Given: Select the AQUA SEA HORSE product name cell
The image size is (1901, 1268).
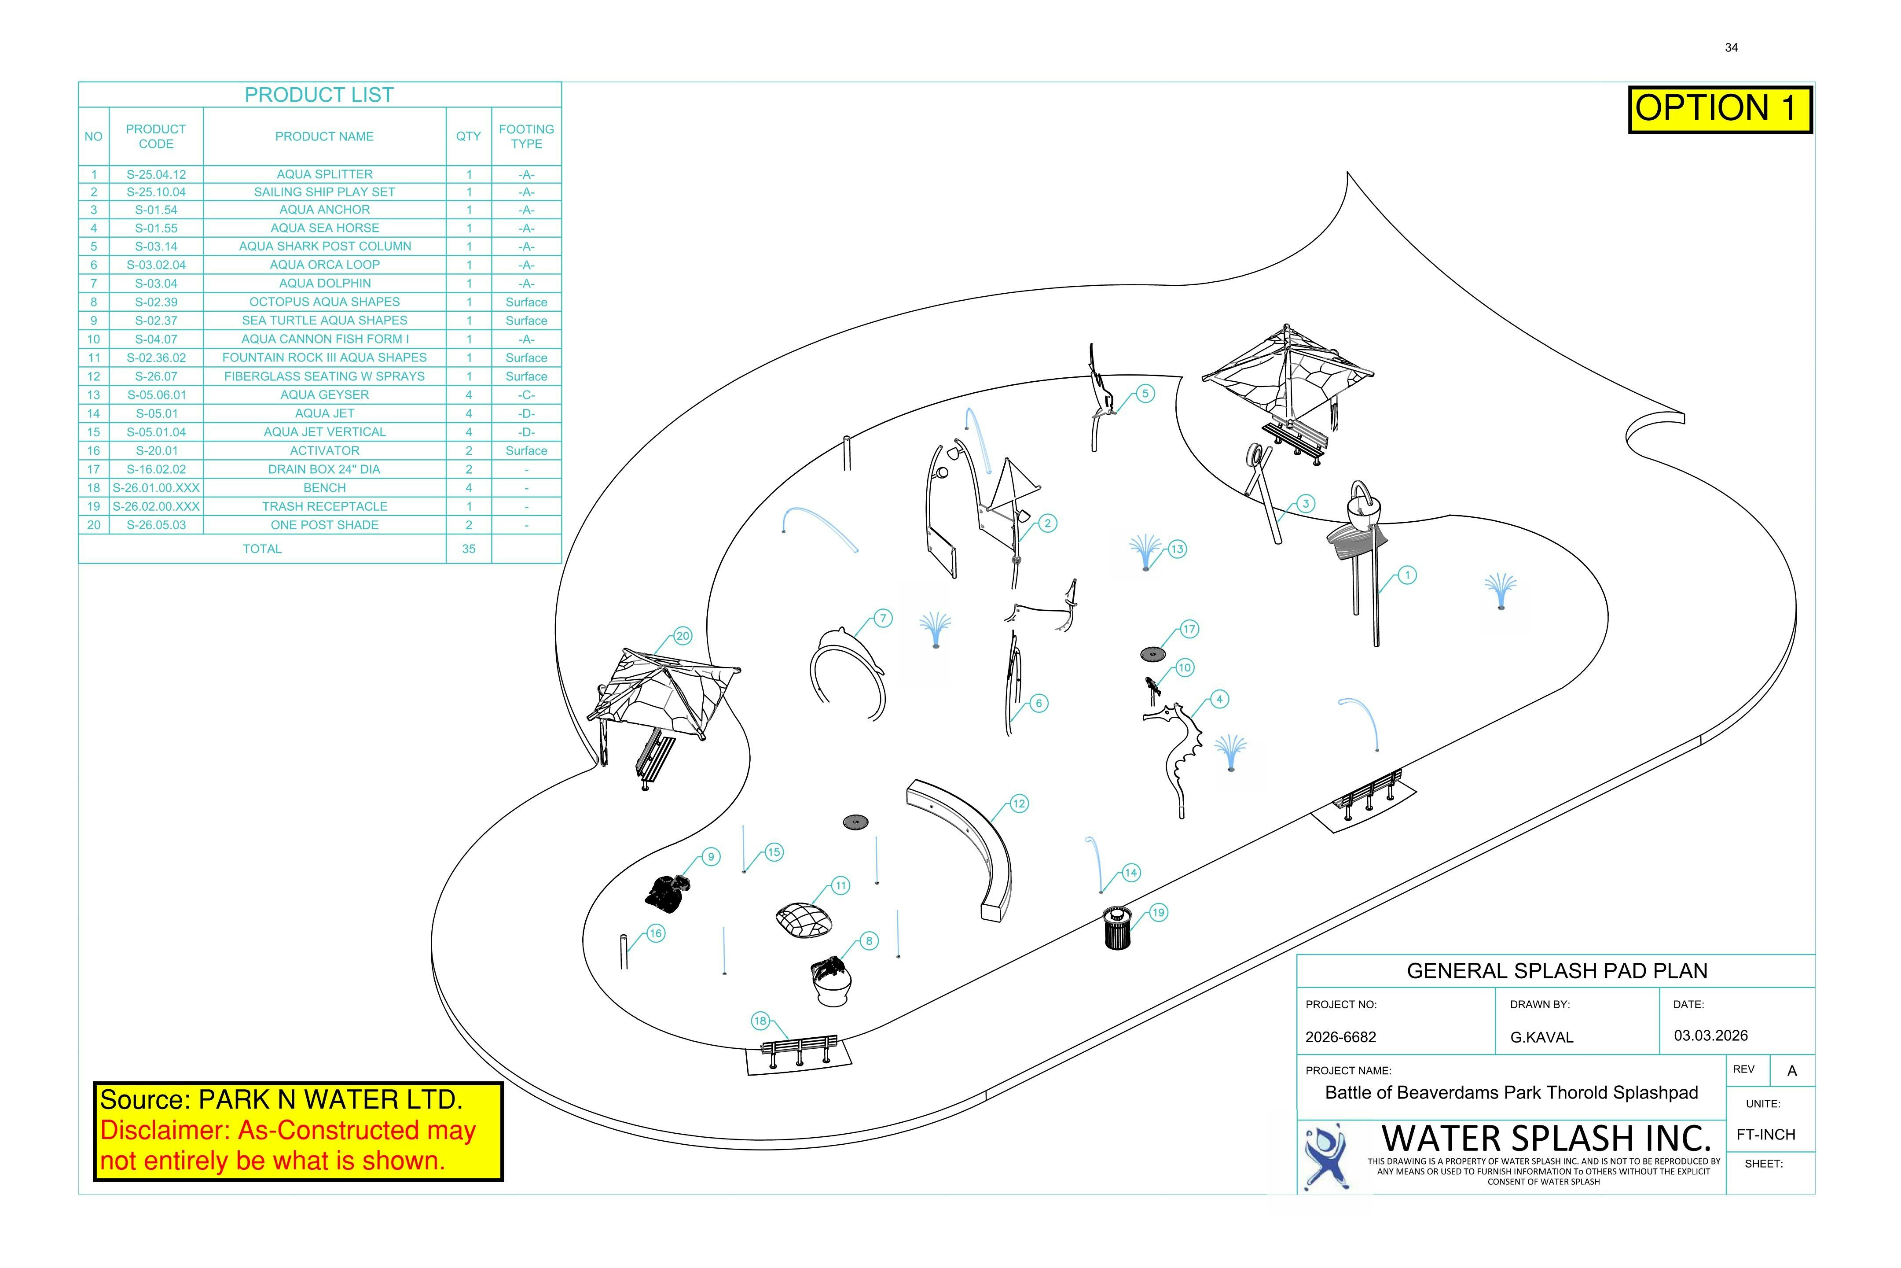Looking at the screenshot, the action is tap(324, 228).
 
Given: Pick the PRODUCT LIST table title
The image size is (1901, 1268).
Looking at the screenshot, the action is tap(319, 95).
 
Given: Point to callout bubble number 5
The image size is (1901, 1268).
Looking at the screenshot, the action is tap(1145, 394).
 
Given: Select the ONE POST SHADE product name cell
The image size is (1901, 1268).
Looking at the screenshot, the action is tap(324, 525).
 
